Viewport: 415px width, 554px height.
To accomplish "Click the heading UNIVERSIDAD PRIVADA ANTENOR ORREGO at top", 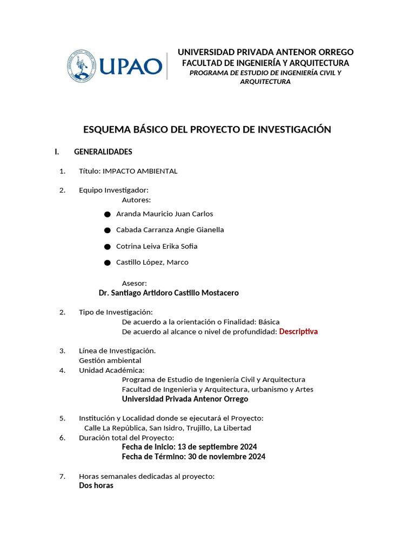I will tap(265, 52).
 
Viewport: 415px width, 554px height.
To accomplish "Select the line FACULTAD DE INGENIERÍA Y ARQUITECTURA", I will tap(265, 63).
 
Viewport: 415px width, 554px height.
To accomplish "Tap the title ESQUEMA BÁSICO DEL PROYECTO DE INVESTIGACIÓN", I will tap(207, 129).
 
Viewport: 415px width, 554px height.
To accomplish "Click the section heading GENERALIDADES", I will tap(103, 151).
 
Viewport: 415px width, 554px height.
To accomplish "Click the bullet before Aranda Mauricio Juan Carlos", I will tap(108, 214).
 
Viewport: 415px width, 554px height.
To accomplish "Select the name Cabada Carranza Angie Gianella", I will tap(170, 229).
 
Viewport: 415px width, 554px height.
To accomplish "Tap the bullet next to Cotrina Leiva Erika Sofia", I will tap(108, 247).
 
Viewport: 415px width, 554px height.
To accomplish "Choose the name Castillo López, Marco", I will tap(152, 262).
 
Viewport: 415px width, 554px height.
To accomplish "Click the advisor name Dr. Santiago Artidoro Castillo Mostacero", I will tap(169, 293).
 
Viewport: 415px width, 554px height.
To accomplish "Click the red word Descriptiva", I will tap(298, 331).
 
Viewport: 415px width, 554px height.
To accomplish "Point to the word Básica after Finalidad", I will tap(269, 321).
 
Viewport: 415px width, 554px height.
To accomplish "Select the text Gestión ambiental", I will tap(110, 360).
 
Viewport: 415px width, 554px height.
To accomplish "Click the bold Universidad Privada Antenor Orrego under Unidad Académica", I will tap(185, 399).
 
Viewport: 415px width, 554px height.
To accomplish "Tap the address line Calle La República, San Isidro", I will tap(168, 428).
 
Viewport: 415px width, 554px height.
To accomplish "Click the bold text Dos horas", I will tap(96, 485).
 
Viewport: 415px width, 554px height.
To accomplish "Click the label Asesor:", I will tap(134, 283).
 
